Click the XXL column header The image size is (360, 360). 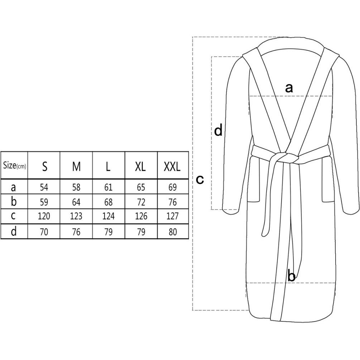coord(172,166)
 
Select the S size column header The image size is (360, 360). coord(45,166)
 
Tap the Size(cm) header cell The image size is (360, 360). coord(14,165)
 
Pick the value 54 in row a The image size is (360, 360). coord(44,187)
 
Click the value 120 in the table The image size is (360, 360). coord(44,216)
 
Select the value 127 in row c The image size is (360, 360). coord(172,216)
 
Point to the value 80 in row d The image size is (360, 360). coord(173,232)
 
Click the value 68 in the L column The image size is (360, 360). coord(109,202)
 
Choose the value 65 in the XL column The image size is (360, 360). coord(141,187)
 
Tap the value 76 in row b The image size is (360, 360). coord(173,202)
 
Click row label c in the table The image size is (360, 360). coord(13,216)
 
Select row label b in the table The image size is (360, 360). coord(14,201)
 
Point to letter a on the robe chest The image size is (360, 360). coord(289,88)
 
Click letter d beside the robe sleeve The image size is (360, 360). coord(219,130)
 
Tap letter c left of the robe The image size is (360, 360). coord(200,179)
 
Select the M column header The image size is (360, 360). coord(76,166)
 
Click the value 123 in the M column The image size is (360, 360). coord(76,216)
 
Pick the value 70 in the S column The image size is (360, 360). coord(44,232)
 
